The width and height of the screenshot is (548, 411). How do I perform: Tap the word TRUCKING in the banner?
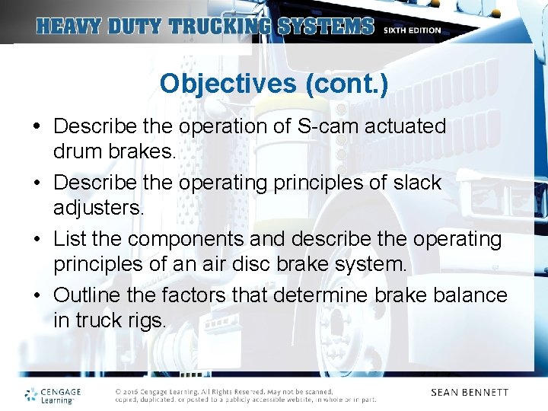(x=220, y=27)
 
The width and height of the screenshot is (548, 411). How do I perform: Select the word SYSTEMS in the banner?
(x=326, y=27)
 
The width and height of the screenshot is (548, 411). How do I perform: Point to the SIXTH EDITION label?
(x=412, y=30)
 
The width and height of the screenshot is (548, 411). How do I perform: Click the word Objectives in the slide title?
(x=228, y=84)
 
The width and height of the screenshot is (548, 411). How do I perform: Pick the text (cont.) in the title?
(x=346, y=84)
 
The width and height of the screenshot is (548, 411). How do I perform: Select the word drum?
(x=78, y=151)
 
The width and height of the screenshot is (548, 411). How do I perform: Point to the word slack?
(x=414, y=183)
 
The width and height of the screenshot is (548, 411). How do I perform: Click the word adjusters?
(x=98, y=209)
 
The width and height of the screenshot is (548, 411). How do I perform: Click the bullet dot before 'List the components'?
(x=38, y=240)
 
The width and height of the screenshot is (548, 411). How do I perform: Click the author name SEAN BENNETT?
(x=470, y=393)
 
